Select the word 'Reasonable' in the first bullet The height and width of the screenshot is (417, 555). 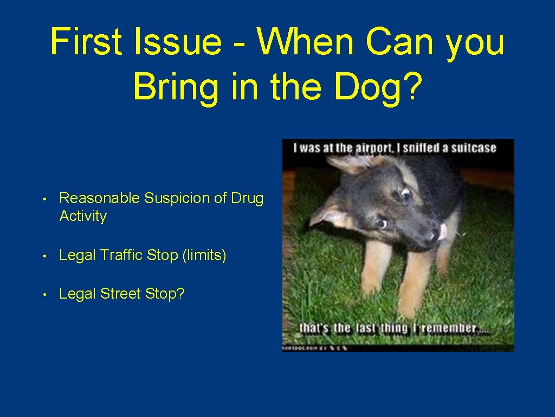(x=100, y=198)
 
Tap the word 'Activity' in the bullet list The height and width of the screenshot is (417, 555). (x=83, y=216)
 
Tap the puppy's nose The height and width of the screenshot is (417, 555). (x=433, y=235)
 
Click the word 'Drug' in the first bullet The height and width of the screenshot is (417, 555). (x=247, y=198)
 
